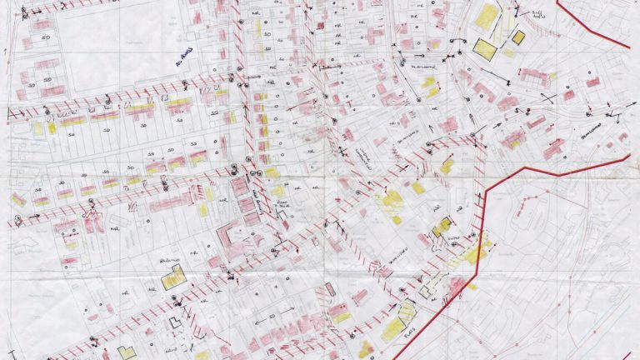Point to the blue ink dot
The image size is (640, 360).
517,12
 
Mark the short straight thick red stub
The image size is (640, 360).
630,353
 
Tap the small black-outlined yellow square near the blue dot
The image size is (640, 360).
517,37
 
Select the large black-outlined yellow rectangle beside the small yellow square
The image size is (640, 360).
484,47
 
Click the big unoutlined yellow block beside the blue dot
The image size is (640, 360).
486,15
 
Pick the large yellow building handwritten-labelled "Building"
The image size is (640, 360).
173,277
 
